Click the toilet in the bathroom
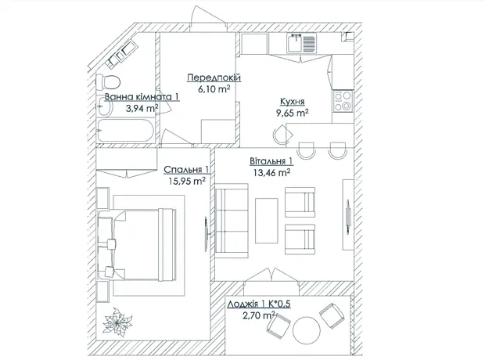tap(108, 82)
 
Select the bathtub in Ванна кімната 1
tap(125, 131)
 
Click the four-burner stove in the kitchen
tap(343, 101)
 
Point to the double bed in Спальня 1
tap(137, 245)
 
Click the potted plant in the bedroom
tap(117, 322)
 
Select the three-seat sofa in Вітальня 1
tap(232, 221)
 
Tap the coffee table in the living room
tap(266, 221)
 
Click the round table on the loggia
tap(306, 330)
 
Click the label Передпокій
tap(214, 77)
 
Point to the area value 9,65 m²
tap(293, 113)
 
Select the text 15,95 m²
tap(187, 181)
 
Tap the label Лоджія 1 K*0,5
tap(259, 304)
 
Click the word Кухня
tap(293, 102)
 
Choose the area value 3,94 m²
tap(142, 108)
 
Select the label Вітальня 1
tap(271, 161)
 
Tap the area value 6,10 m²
tap(214, 89)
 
